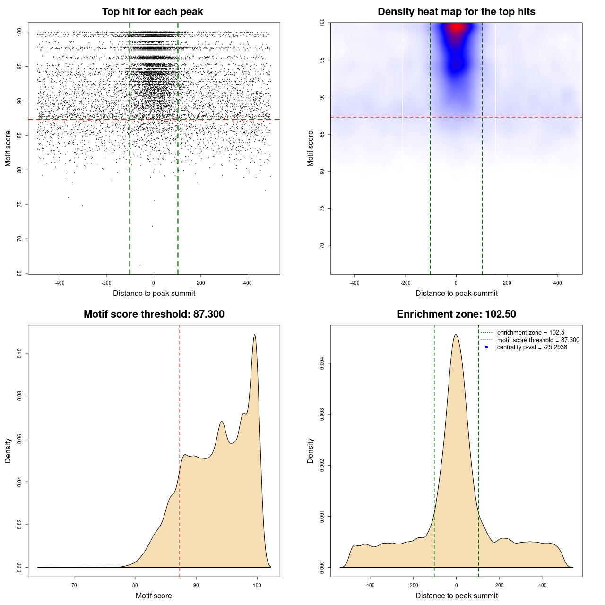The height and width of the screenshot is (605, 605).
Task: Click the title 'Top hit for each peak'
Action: point(152,12)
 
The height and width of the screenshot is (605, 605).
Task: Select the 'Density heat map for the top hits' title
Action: point(456,12)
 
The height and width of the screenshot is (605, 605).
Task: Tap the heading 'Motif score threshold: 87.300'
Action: point(154,314)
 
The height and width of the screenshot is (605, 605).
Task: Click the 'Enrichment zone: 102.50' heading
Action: point(456,314)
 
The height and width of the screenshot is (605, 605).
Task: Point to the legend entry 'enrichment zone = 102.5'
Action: point(530,333)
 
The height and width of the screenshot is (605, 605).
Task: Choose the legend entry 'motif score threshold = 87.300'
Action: point(538,340)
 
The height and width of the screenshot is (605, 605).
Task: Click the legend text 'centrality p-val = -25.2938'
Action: point(532,347)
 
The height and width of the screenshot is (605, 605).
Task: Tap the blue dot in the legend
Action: point(486,347)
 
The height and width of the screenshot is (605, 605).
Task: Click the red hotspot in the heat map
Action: point(456,27)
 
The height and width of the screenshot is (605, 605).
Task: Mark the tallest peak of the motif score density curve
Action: point(255,335)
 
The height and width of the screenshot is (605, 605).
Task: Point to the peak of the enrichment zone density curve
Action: point(456,335)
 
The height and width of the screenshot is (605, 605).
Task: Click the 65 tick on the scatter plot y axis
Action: point(20,273)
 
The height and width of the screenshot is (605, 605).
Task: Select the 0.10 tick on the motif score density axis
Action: point(20,353)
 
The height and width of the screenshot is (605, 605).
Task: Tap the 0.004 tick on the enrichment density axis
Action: point(322,363)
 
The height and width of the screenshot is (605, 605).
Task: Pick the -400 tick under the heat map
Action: point(354,283)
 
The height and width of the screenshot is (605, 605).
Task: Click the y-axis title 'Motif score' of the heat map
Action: point(311,148)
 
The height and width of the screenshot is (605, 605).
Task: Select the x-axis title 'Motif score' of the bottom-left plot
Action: point(154,596)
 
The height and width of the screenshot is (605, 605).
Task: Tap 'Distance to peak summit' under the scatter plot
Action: point(154,294)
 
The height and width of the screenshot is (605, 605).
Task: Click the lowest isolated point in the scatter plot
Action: point(140,265)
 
